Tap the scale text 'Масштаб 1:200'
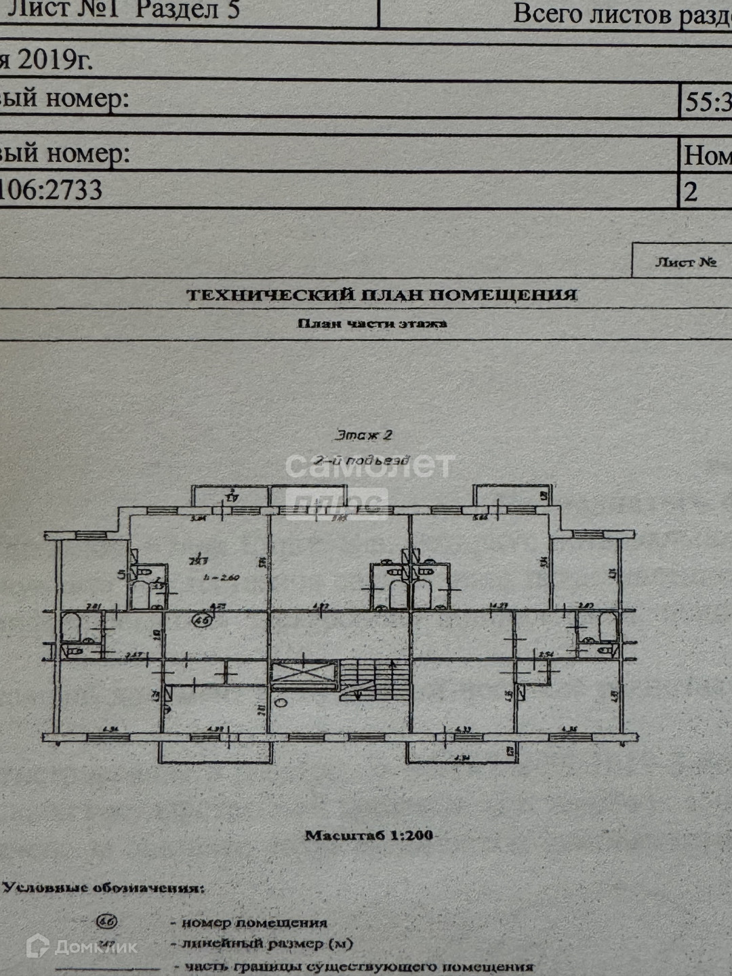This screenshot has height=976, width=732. pyautogui.click(x=369, y=835)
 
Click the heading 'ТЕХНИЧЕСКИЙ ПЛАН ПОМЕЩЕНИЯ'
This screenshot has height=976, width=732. pyautogui.click(x=382, y=295)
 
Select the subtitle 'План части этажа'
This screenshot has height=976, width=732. pyautogui.click(x=372, y=323)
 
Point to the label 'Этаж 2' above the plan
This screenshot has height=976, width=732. pyautogui.click(x=364, y=435)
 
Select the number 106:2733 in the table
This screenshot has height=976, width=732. pyautogui.click(x=51, y=189)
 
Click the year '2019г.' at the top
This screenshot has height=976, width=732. pyautogui.click(x=54, y=61)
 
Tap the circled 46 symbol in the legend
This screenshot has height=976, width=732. pyautogui.click(x=107, y=922)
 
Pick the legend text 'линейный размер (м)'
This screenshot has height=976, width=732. pyautogui.click(x=266, y=943)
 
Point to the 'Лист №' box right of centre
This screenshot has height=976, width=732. pyautogui.click(x=685, y=262)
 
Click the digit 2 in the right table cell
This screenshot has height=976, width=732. pyautogui.click(x=690, y=192)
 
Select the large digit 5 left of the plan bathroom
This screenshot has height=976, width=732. pyautogui.click(x=122, y=575)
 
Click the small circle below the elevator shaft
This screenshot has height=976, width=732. pyautogui.click(x=281, y=702)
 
